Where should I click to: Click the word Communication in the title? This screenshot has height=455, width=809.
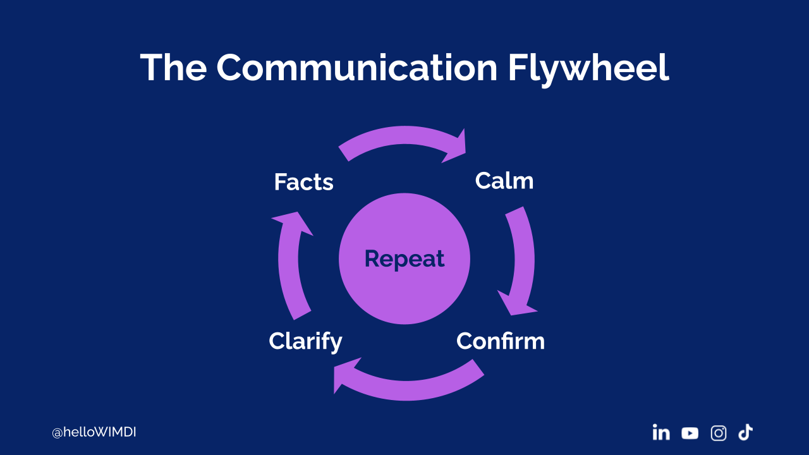pos(356,68)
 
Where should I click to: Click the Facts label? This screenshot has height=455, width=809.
pos(303,183)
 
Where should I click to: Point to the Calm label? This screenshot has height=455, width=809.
pos(504,181)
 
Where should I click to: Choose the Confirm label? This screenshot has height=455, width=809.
pos(500,341)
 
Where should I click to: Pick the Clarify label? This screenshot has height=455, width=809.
pos(305,341)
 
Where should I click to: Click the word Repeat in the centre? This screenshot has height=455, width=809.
pos(404,258)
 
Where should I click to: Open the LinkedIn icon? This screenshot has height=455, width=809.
pos(661,433)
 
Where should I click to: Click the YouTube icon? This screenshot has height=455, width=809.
pos(690,433)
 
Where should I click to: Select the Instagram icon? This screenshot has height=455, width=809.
pos(719,433)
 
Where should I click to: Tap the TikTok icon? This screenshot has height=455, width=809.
pos(746,432)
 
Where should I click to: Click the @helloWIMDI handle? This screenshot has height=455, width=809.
pos(94,433)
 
